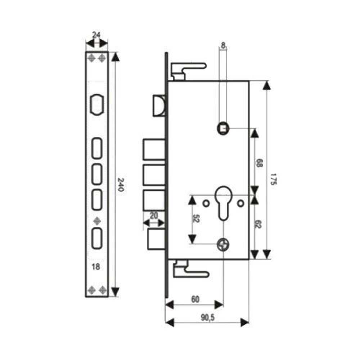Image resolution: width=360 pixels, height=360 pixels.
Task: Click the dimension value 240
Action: click(121, 185)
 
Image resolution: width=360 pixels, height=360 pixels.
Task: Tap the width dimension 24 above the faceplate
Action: click(96, 35)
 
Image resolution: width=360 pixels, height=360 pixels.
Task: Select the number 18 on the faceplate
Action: click(96, 267)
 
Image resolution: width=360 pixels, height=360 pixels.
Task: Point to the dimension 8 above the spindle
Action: click(223, 46)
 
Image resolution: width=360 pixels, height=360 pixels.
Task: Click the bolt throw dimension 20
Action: click(154, 216)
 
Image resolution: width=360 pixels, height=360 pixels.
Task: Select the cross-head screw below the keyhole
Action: click(223, 244)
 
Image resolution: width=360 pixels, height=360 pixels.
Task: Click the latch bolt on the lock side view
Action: click(159, 105)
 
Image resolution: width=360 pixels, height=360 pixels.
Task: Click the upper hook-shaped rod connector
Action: click(188, 70)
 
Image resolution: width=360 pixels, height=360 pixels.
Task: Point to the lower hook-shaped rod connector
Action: click(189, 270)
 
